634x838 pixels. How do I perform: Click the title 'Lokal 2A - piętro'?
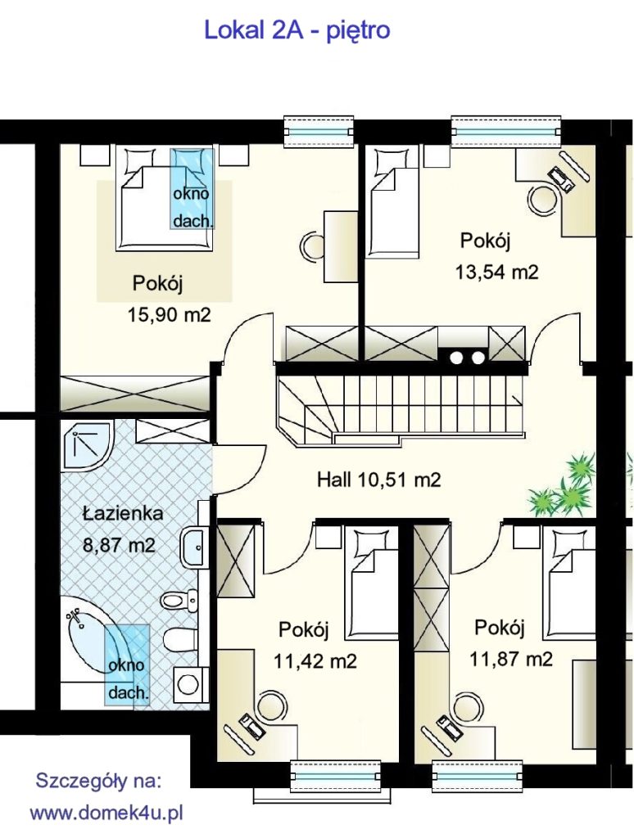click(x=297, y=31)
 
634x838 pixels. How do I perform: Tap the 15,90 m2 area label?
click(x=169, y=315)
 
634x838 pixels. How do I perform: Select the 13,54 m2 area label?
click(x=496, y=273)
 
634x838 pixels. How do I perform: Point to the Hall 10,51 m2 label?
click(x=378, y=480)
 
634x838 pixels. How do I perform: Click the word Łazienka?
click(x=123, y=513)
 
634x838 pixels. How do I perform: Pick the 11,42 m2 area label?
click(x=315, y=661)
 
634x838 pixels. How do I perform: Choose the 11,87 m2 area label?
click(x=511, y=659)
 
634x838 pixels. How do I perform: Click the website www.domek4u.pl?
click(x=106, y=814)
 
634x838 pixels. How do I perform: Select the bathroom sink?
click(x=193, y=547)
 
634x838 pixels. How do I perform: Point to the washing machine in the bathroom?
click(x=188, y=683)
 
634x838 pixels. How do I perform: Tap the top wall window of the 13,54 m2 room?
click(x=506, y=131)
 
